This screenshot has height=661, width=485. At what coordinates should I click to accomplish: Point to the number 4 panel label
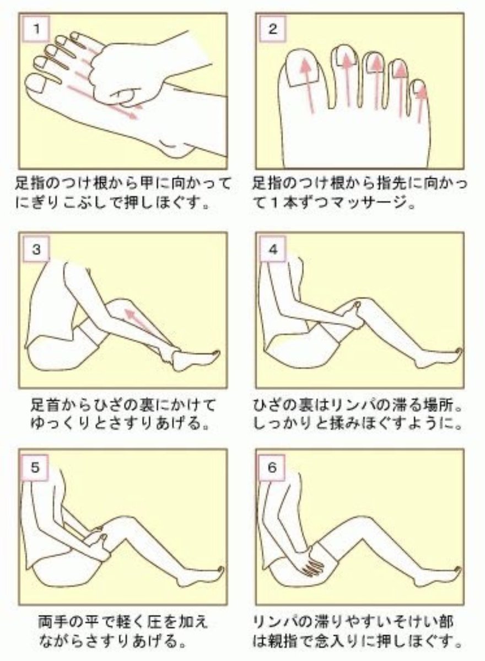click(272, 249)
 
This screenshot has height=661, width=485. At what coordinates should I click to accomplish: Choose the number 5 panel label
click(35, 467)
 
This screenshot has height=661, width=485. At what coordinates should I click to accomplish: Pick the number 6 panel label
click(272, 467)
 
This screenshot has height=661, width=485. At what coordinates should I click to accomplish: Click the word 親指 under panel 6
click(292, 641)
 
